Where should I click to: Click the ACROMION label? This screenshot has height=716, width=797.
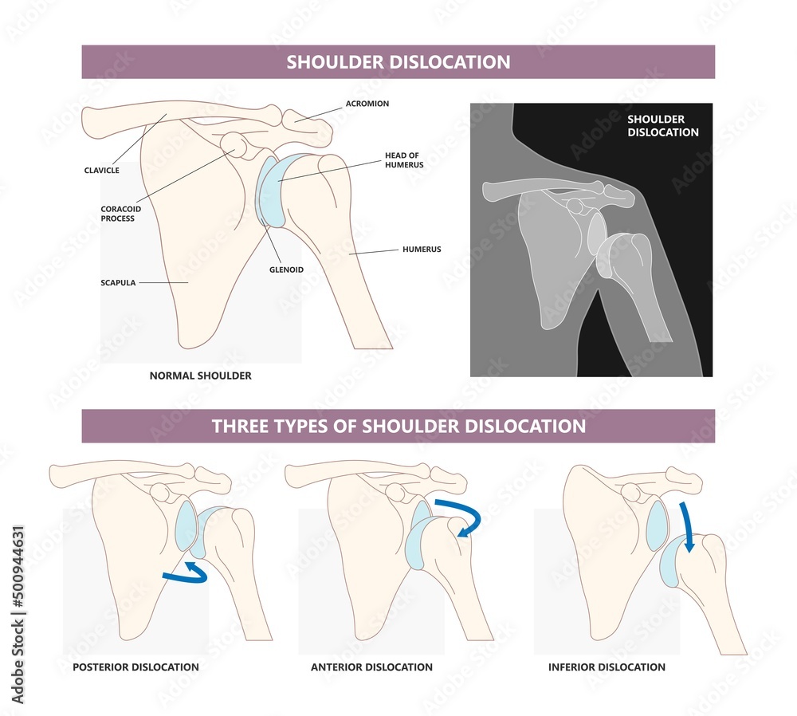(367, 104)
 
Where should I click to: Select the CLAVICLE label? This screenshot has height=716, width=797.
(103, 170)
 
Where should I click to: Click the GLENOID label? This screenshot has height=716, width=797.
(285, 269)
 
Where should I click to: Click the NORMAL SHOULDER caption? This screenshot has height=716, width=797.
(200, 376)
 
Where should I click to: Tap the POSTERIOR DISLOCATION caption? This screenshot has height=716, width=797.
(135, 667)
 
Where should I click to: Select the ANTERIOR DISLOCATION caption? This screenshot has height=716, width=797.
(371, 667)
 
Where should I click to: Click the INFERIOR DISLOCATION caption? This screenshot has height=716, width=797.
(607, 667)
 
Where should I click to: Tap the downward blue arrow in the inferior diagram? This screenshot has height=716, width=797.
(687, 526)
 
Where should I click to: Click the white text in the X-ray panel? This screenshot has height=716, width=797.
(662, 126)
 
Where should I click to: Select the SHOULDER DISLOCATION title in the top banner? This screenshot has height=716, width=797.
(398, 62)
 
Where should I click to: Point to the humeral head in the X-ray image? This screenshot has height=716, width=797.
(628, 251)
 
